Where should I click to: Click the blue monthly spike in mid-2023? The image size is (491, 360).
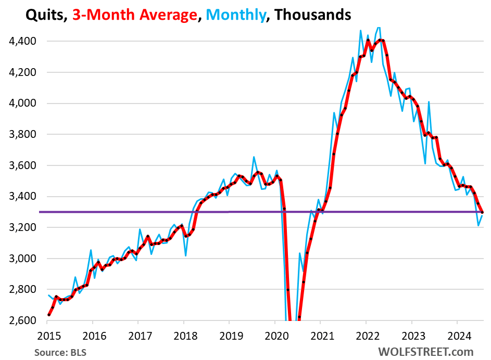pyautogui.click(x=429, y=102)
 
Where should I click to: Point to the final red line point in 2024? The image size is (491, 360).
pyautogui.click(x=482, y=212)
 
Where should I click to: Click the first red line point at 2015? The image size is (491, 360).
pyautogui.click(x=48, y=315)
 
